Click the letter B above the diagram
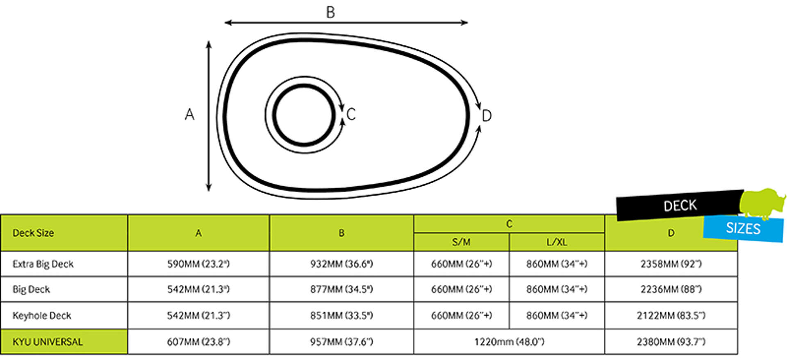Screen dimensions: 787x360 point(330,12)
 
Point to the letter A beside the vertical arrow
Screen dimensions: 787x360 point(189,114)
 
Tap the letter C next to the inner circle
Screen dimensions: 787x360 point(351,114)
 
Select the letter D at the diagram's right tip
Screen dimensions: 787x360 point(487,116)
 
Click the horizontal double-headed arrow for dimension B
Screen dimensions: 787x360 point(346,23)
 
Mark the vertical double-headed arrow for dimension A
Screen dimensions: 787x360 point(209,116)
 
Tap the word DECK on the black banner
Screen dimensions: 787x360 point(680,205)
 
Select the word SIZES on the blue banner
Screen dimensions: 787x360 point(743,228)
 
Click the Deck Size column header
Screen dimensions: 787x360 point(33,233)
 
